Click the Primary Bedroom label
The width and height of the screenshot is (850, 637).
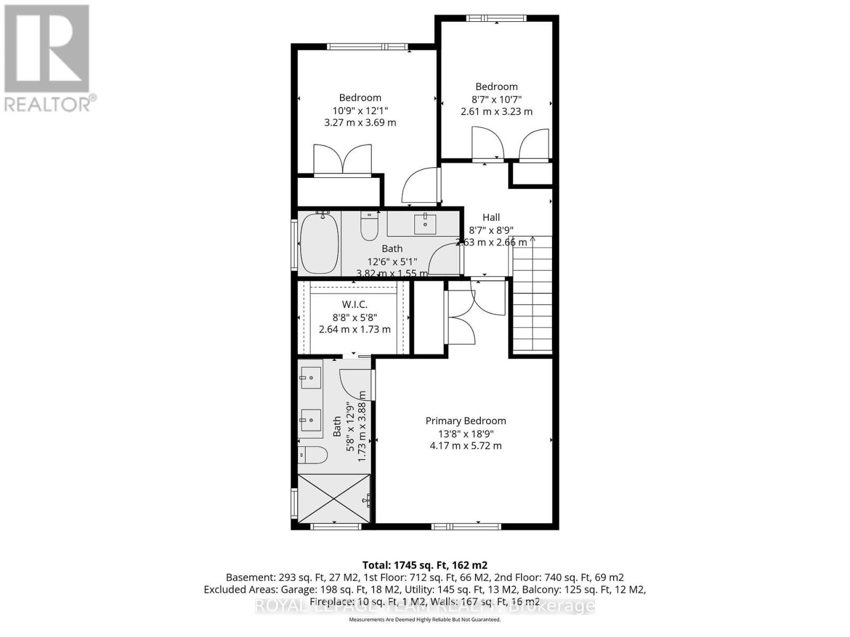coord(465,421)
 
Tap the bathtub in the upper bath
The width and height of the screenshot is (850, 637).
coord(319,243)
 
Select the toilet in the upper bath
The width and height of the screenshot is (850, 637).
coord(369,227)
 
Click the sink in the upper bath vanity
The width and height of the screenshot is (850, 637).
coord(425,224)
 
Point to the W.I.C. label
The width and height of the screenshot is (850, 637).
coord(354,304)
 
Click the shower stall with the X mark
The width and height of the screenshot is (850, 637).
coord(334,499)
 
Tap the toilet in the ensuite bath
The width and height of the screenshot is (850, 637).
coord(312,455)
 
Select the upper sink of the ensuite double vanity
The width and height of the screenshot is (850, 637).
coord(310,377)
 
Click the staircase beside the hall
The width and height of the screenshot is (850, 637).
coord(532,297)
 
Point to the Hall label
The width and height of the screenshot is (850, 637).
coord(491,217)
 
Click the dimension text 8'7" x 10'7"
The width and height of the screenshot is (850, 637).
coord(496,99)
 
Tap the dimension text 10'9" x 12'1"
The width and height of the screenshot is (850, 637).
coord(360,110)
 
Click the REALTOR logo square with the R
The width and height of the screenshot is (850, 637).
coord(47,49)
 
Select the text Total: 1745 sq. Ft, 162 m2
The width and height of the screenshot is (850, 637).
coord(424,565)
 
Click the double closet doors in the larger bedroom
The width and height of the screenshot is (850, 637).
coord(342,159)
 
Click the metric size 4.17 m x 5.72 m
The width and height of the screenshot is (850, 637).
coord(465,446)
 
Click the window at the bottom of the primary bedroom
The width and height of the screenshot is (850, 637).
coord(466,527)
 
